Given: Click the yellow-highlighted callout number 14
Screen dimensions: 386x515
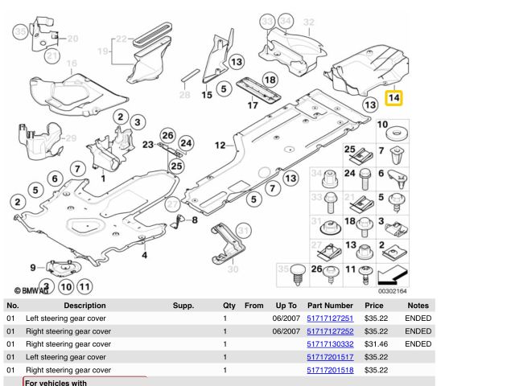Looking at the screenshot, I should (393, 99).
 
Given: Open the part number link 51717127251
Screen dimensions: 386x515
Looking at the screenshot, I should (330, 318).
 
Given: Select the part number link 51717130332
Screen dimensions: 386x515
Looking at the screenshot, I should (330, 344).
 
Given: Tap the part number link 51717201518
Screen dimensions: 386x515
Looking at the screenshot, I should (330, 370).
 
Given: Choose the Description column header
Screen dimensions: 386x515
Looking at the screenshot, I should (84, 306).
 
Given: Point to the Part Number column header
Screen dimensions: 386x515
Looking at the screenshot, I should (330, 306).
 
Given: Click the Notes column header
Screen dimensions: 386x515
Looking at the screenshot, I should (418, 306).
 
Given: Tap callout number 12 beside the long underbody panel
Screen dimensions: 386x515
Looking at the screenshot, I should (220, 146).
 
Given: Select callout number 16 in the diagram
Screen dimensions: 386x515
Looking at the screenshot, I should (71, 64).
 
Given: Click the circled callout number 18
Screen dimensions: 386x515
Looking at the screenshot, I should (270, 80).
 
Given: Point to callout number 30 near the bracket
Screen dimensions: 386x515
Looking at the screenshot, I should (233, 269).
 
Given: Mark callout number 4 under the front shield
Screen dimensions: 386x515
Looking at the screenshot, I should (145, 256).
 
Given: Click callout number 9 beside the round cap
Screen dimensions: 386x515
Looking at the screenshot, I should (33, 268).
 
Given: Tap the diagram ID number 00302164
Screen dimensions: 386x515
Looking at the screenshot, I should (392, 292).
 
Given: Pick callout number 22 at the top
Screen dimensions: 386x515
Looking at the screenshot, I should (121, 38).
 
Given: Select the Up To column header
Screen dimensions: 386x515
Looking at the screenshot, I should (286, 306).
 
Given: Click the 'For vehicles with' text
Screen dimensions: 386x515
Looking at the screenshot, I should (56, 383).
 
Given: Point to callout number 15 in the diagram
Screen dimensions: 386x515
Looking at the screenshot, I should (207, 95).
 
